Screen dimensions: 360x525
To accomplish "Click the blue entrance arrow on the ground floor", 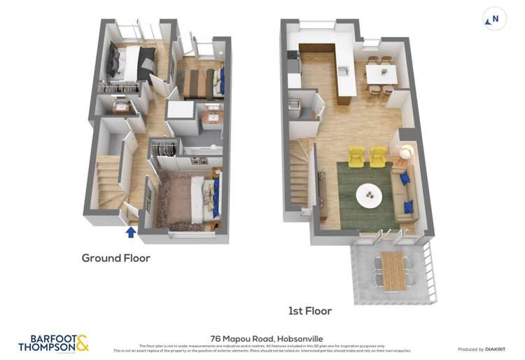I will point(131,232).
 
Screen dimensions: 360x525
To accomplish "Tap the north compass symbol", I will point(493,20).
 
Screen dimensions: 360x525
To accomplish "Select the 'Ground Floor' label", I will point(115,258).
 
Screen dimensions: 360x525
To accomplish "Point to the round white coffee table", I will point(369,195).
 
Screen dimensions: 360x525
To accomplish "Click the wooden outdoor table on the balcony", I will point(393,270).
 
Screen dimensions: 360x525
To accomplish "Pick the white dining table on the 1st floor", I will point(381,74).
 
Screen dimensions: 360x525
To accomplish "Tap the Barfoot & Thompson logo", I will point(53,342).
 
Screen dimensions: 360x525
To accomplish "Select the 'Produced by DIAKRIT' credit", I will point(482,349).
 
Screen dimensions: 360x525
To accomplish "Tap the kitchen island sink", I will point(343,71).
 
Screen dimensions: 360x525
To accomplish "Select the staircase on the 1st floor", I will point(299,179).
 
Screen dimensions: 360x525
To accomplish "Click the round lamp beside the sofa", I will point(405,151).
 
